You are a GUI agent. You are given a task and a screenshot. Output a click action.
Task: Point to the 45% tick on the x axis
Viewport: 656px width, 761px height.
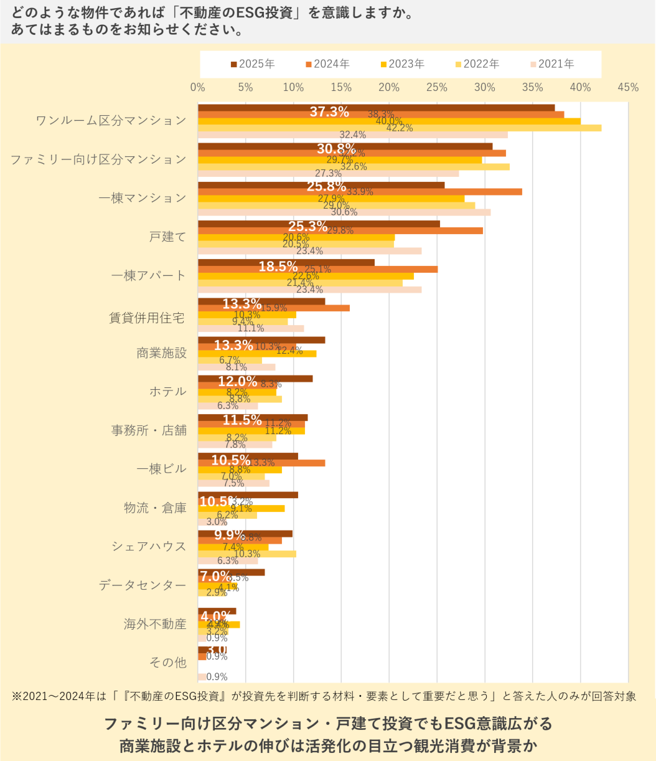tap(628, 88)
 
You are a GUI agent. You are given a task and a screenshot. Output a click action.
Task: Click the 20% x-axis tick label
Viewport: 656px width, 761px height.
tap(389, 88)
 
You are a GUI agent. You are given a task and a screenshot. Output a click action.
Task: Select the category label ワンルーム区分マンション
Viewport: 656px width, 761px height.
tap(111, 121)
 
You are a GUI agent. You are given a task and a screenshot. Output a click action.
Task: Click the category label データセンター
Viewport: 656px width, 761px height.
tap(143, 585)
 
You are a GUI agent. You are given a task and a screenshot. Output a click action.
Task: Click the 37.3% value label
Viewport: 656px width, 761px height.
tap(329, 111)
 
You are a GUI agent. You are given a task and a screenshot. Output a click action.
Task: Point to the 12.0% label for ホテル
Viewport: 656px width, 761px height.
tap(237, 381)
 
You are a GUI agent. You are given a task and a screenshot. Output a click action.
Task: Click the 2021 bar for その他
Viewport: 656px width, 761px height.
tap(202, 677)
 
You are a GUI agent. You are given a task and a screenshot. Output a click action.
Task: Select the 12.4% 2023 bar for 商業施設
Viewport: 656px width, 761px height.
tap(257, 354)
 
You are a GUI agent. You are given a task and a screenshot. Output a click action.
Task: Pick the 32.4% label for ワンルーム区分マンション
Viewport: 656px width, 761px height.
tap(352, 135)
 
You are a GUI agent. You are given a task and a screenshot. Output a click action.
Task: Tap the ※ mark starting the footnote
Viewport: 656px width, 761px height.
tap(17, 696)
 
